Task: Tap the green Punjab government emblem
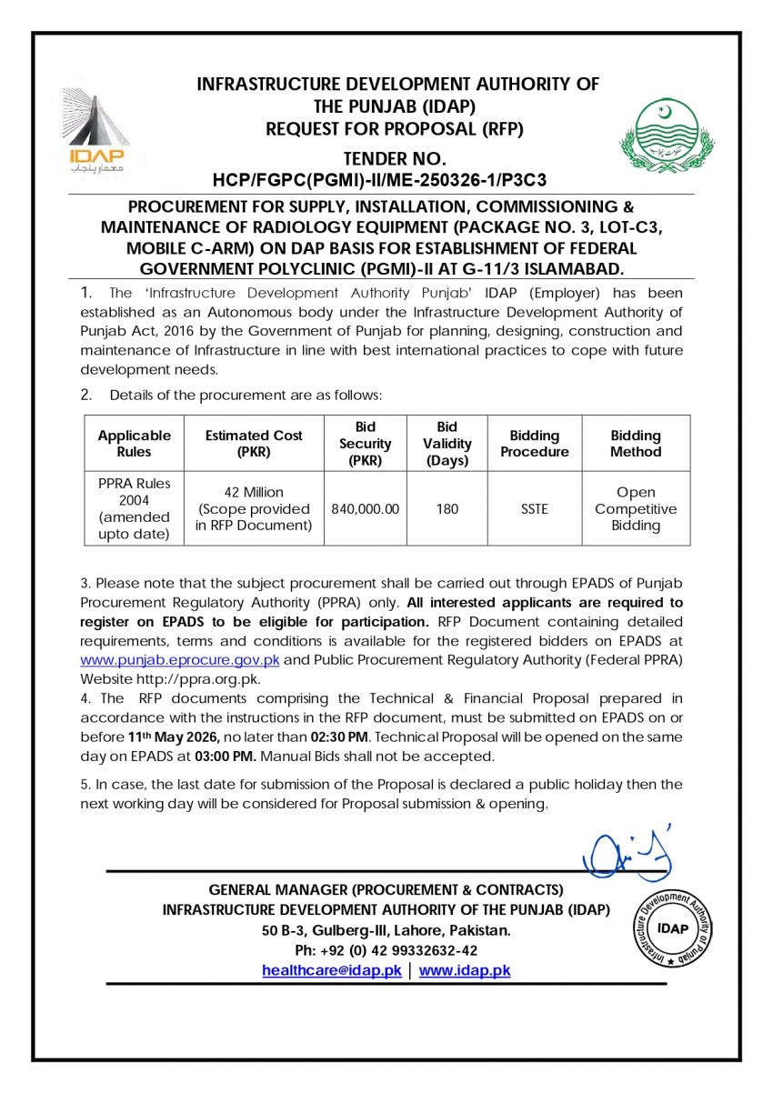(668, 134)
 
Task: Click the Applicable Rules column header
(134, 444)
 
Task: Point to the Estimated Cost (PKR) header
(254, 444)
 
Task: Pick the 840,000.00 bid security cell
(365, 509)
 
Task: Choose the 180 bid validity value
(447, 509)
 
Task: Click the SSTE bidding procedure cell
(535, 509)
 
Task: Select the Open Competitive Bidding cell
(636, 509)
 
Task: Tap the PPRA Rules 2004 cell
(134, 509)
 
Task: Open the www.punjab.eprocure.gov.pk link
(180, 659)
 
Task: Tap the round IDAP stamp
(673, 928)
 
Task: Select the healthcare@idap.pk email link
(332, 971)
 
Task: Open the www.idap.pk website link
(465, 971)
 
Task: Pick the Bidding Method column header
(636, 444)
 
